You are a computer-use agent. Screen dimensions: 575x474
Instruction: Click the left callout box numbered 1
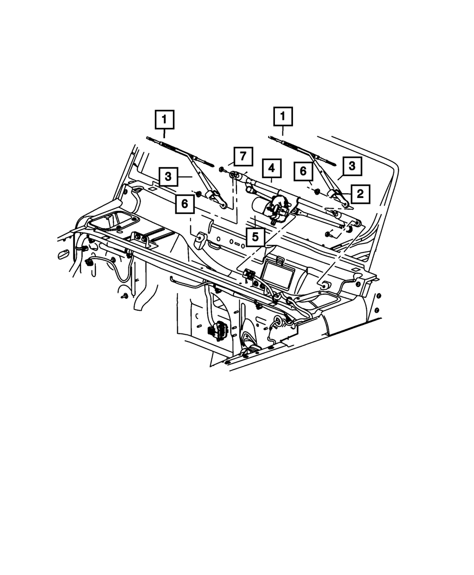165,119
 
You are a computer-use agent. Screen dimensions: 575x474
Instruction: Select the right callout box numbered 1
283,117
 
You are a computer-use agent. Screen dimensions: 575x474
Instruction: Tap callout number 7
243,156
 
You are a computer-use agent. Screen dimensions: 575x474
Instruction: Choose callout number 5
255,236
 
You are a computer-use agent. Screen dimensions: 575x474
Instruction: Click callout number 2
360,193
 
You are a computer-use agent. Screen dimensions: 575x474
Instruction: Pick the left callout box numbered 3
168,177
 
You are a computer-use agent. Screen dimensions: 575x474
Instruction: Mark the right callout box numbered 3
352,166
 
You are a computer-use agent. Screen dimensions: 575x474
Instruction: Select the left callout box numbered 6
184,204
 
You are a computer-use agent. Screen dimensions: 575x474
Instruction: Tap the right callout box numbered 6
303,171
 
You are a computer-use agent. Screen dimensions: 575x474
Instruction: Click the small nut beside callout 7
222,169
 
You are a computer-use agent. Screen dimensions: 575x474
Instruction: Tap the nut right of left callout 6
199,193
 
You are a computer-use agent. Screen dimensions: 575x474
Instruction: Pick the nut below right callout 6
316,191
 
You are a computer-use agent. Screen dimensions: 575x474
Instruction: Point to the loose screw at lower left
124,296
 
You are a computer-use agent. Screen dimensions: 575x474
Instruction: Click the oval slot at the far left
63,256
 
